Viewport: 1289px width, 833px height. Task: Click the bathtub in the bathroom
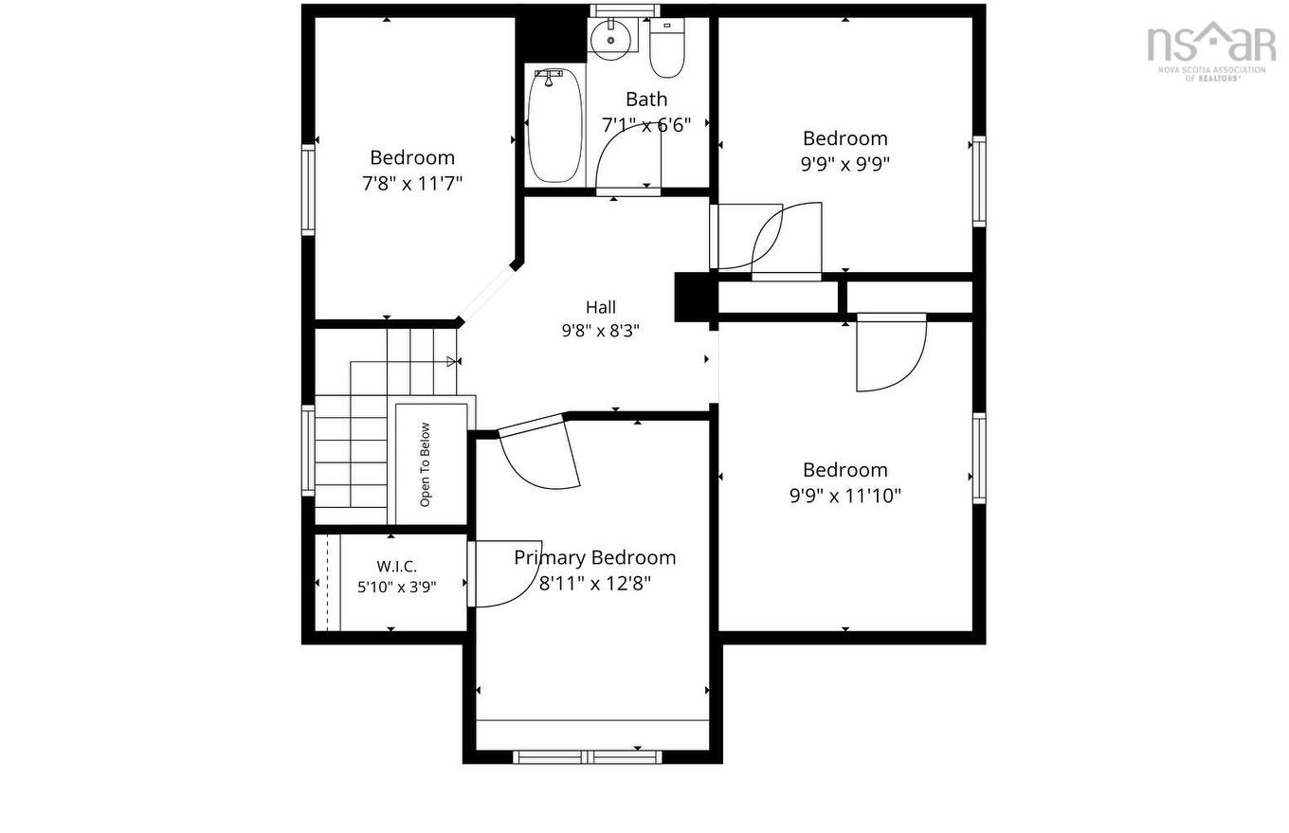point(554,125)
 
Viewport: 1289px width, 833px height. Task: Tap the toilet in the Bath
point(666,47)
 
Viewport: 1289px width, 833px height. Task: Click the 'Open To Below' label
point(426,464)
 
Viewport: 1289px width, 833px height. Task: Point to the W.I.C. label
point(396,566)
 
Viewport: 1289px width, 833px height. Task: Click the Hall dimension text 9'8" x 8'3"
point(601,331)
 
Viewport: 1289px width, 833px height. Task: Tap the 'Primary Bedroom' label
point(594,557)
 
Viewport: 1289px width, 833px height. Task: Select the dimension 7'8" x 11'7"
point(412,184)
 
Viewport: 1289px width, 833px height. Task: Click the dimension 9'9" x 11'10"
point(844,496)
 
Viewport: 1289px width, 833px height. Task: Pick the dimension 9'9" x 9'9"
point(844,164)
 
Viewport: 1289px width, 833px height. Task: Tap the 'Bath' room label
point(646,100)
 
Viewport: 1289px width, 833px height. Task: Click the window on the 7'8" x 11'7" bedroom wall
point(308,190)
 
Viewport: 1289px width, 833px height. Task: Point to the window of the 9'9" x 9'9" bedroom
point(979,181)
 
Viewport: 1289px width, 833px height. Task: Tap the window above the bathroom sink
point(625,10)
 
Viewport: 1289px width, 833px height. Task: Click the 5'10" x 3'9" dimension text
point(396,588)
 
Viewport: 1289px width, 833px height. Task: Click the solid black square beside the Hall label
point(697,297)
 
